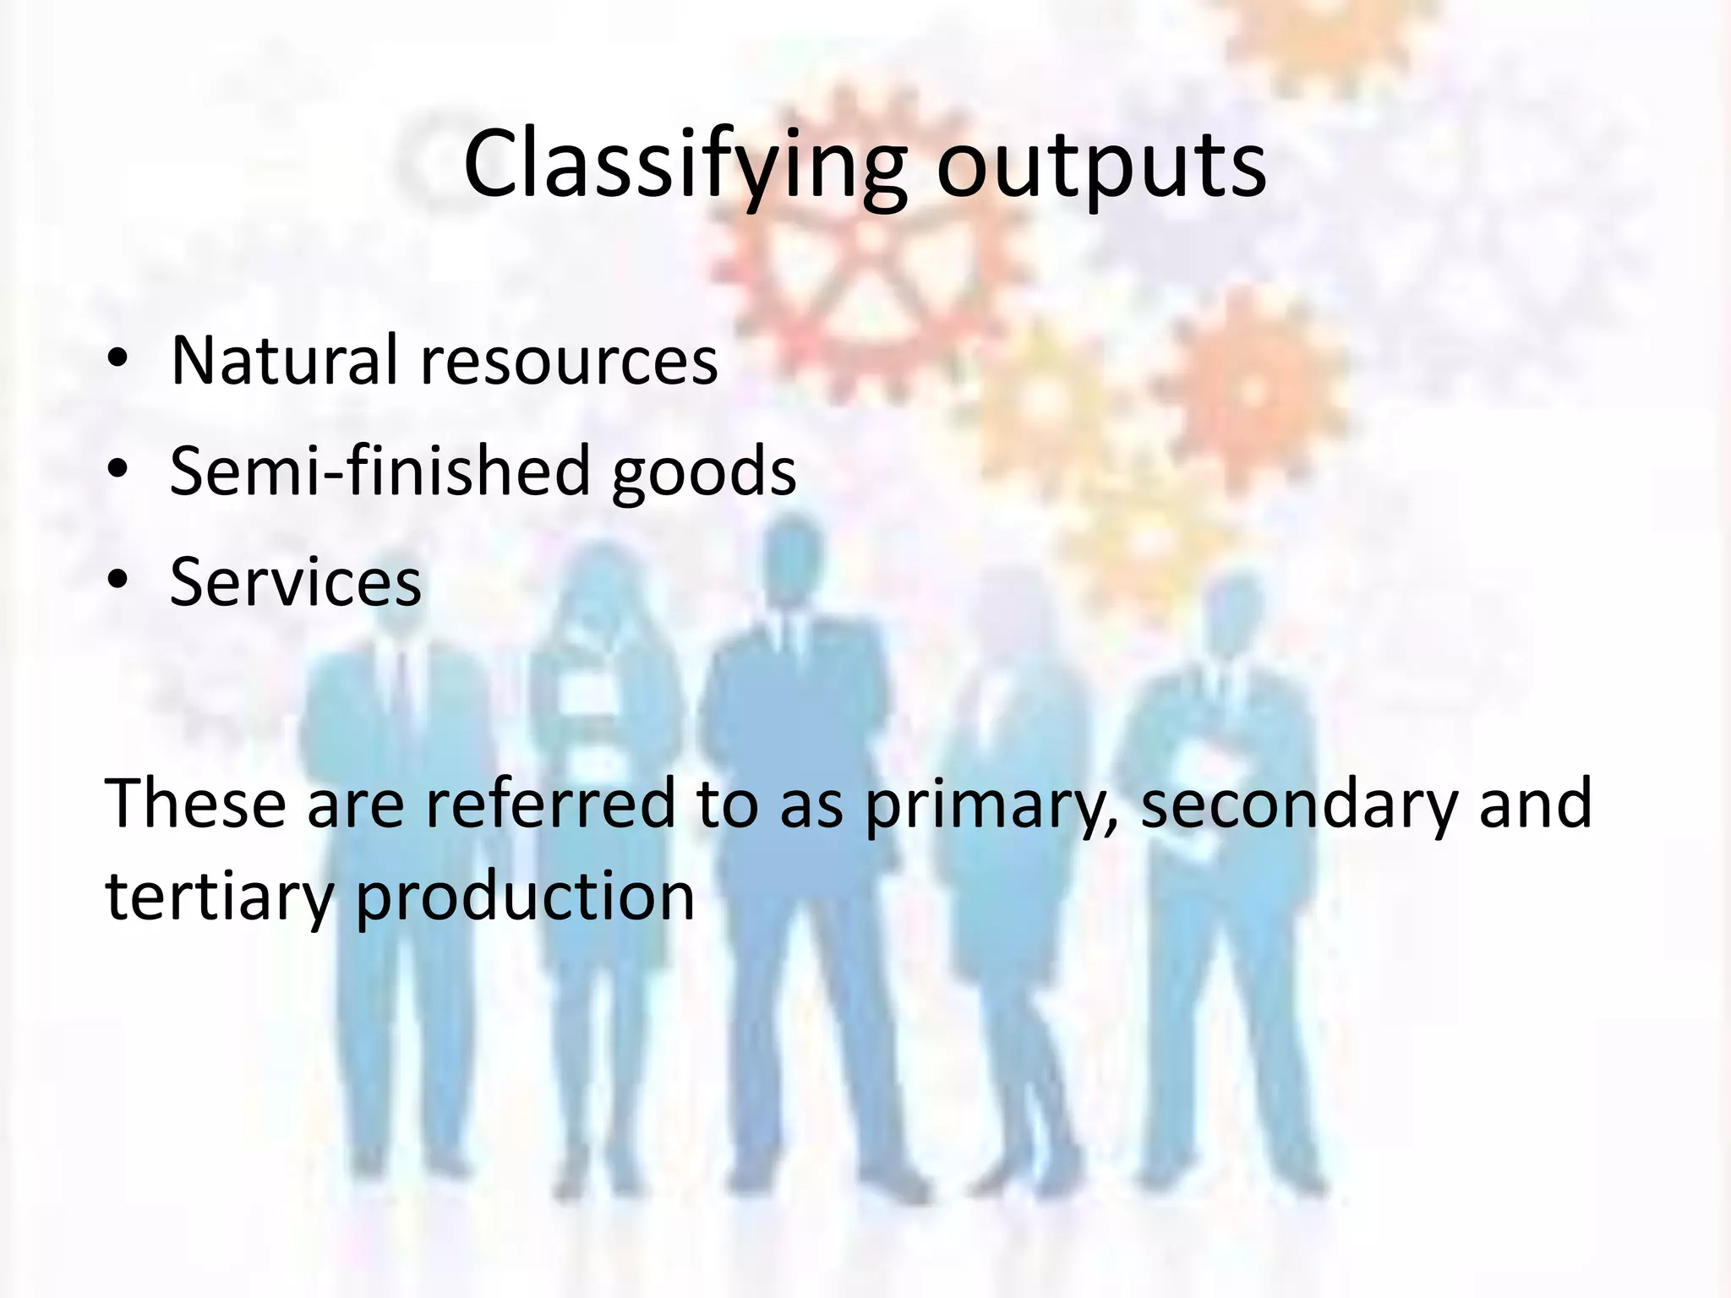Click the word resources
tap(569, 362)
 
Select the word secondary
tap(1299, 803)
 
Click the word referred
tap(549, 803)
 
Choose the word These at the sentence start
tap(195, 803)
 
